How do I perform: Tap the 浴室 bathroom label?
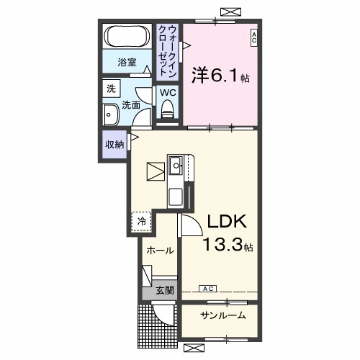pos(127,63)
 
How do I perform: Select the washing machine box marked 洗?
pos(112,89)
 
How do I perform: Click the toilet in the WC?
pos(168,109)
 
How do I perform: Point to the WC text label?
pos(168,92)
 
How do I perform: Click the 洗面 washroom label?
pos(131,105)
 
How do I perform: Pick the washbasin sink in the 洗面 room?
pos(110,114)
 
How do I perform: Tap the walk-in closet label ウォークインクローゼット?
pos(168,51)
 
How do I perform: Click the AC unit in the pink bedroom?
pos(254,38)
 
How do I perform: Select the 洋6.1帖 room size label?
pos(220,76)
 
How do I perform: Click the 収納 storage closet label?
pos(114,145)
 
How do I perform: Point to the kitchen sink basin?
pos(176,165)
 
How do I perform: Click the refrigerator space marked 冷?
pos(142,221)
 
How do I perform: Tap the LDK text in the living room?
pos(227,221)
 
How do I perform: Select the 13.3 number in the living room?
pos(223,245)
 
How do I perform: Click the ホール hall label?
pos(160,251)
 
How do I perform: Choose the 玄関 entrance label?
pos(165,290)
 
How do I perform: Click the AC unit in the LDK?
pos(208,289)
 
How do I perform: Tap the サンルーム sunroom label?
pos(223,315)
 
